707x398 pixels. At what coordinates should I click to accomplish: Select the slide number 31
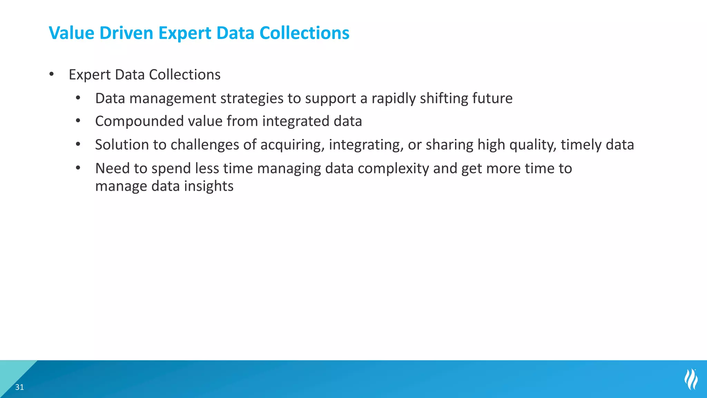20,387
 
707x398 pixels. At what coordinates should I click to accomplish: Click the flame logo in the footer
691,379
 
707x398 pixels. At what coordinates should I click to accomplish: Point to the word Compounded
139,121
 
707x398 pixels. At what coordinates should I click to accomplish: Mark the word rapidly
394,98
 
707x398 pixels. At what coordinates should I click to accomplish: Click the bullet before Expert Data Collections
52,74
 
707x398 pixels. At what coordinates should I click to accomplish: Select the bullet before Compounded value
78,121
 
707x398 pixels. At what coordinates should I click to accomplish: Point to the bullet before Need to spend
78,168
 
